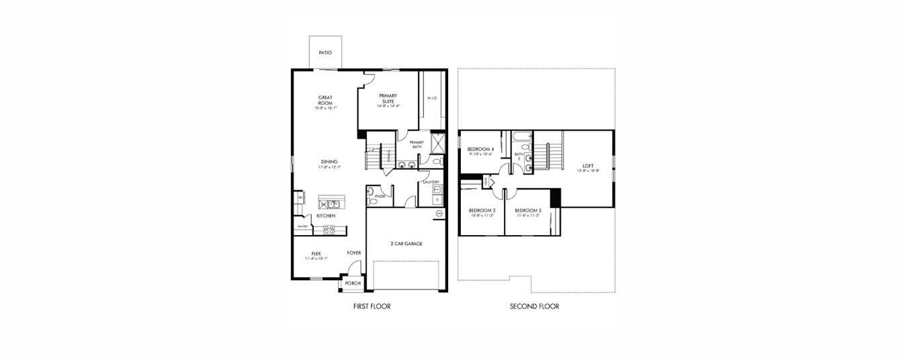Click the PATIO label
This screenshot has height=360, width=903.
pyautogui.click(x=325, y=52)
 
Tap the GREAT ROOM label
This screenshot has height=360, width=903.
pyautogui.click(x=325, y=100)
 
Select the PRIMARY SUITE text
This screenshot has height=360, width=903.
pyautogui.click(x=388, y=98)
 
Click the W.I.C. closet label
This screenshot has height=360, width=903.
pyautogui.click(x=432, y=98)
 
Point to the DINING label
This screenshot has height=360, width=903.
pyautogui.click(x=329, y=161)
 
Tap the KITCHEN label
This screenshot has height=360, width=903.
pyautogui.click(x=326, y=216)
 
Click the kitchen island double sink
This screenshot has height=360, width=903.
pyautogui.click(x=329, y=204)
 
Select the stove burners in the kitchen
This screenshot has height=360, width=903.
pyautogui.click(x=330, y=229)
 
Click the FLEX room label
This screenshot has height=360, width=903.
pyautogui.click(x=316, y=253)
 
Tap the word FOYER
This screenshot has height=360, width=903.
pyautogui.click(x=354, y=253)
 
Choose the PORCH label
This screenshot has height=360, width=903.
pyautogui.click(x=353, y=283)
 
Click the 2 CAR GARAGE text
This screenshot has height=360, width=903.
pyautogui.click(x=406, y=244)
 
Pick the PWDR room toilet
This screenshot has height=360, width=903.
pyautogui.click(x=371, y=196)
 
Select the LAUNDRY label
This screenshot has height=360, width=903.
pyautogui.click(x=431, y=182)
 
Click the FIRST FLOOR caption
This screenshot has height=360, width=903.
pyautogui.click(x=372, y=306)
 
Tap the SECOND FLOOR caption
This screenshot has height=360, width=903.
pyautogui.click(x=534, y=306)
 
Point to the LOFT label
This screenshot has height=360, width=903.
pyautogui.click(x=588, y=165)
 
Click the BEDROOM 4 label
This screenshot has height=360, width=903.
pyautogui.click(x=480, y=148)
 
